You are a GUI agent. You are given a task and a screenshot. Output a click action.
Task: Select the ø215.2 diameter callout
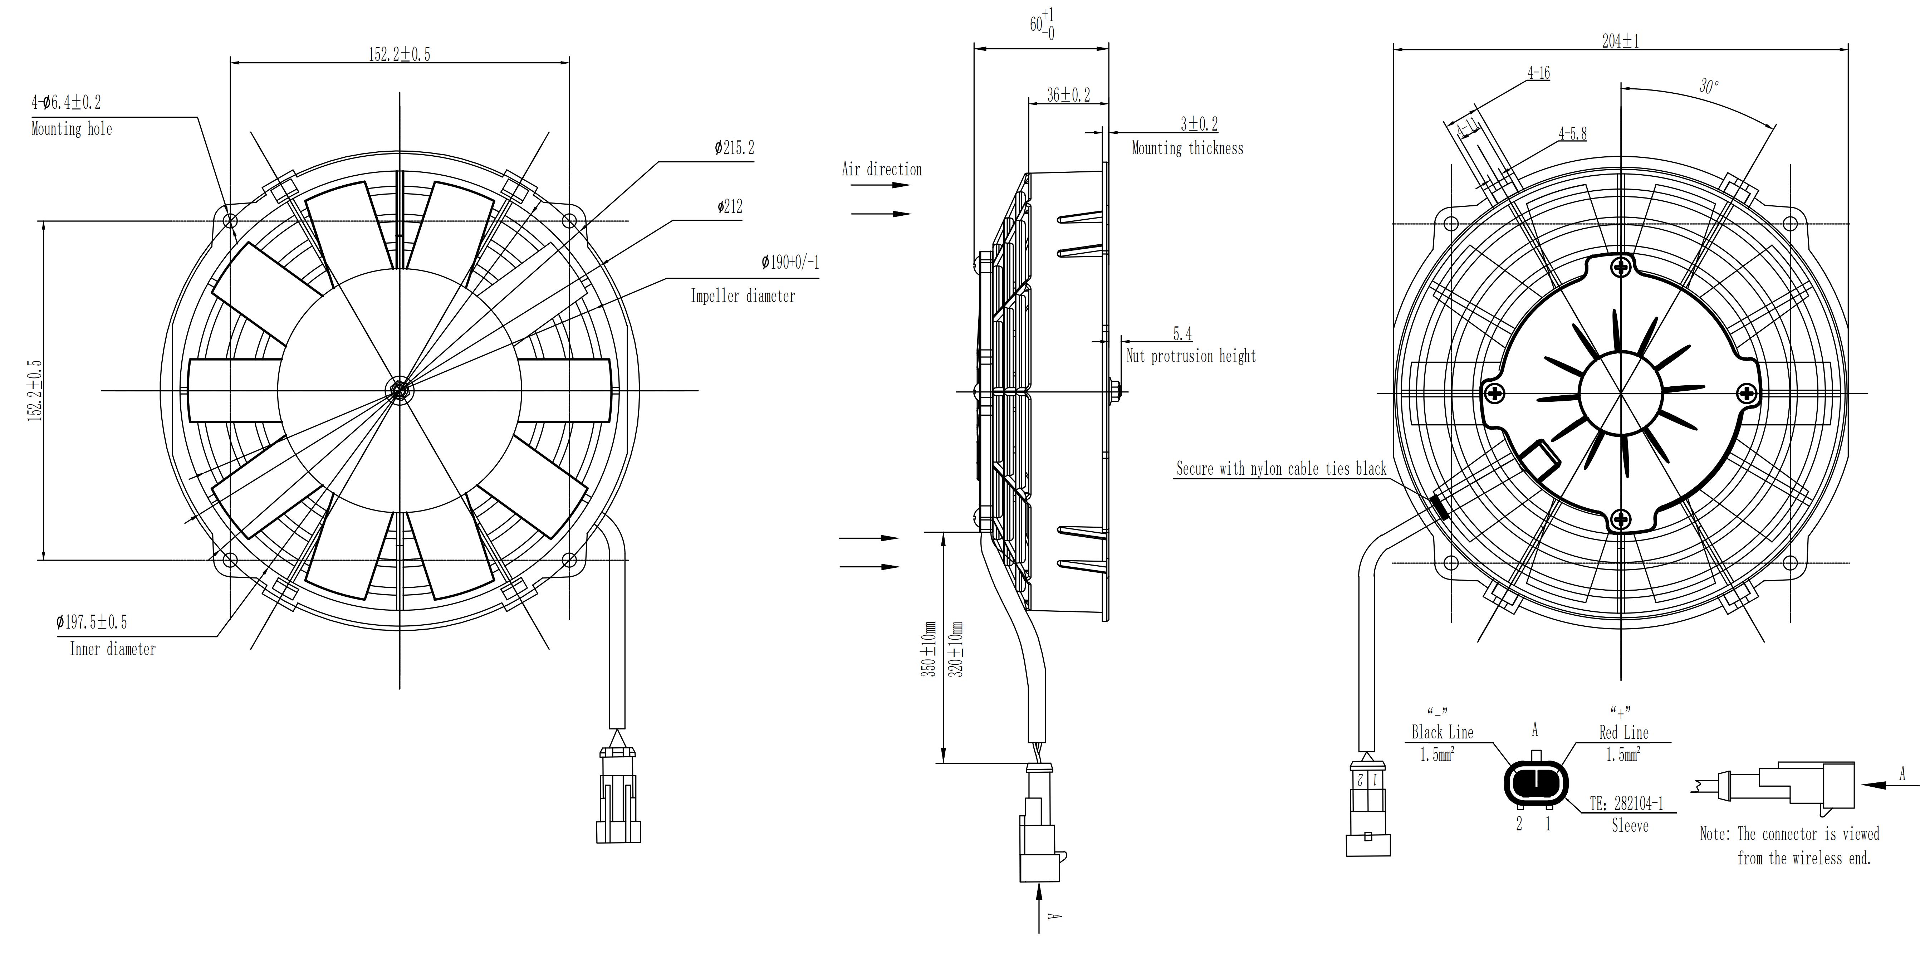point(734,148)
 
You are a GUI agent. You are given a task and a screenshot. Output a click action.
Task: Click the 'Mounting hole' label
point(72,129)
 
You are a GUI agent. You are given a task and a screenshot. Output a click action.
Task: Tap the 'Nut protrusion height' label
point(1190,356)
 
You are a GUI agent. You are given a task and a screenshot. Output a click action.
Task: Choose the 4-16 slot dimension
point(1538,73)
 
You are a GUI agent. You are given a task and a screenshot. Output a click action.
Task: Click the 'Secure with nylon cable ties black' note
point(1280,469)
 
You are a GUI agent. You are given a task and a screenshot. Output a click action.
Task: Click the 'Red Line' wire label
point(1623,733)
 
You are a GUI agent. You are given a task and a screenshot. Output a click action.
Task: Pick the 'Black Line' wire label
point(1442,733)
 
